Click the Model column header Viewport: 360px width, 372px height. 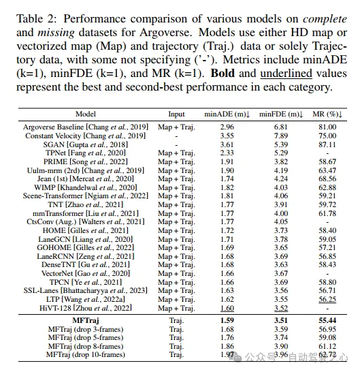[86, 114]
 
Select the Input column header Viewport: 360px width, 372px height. [176, 114]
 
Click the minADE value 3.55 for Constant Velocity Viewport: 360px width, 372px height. [227, 136]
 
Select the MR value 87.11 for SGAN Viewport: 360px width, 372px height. [327, 145]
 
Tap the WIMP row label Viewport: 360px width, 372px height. [86, 187]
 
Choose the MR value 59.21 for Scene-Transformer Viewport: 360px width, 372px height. [327, 196]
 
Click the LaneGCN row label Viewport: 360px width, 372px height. [86, 239]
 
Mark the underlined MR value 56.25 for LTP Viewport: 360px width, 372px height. [327, 298]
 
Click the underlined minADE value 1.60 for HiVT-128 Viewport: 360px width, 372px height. [227, 307]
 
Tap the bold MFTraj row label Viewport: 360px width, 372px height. [86, 320]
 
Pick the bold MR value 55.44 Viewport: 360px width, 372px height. [327, 320]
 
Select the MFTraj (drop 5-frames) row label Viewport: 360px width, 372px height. [86, 337]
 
